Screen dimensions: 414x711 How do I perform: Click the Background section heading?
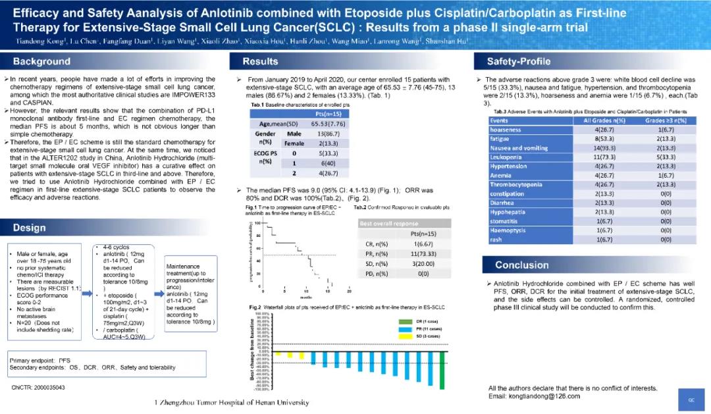pyautogui.click(x=42, y=62)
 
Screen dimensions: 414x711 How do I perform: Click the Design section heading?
pyautogui.click(x=30, y=228)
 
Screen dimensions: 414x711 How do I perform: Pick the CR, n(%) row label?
pyautogui.click(x=376, y=244)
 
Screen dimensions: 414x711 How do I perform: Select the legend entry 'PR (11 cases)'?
pyautogui.click(x=425, y=328)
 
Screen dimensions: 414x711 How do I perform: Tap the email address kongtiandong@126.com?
pyautogui.click(x=544, y=396)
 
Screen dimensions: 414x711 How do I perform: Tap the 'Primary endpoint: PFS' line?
pyautogui.click(x=39, y=361)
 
